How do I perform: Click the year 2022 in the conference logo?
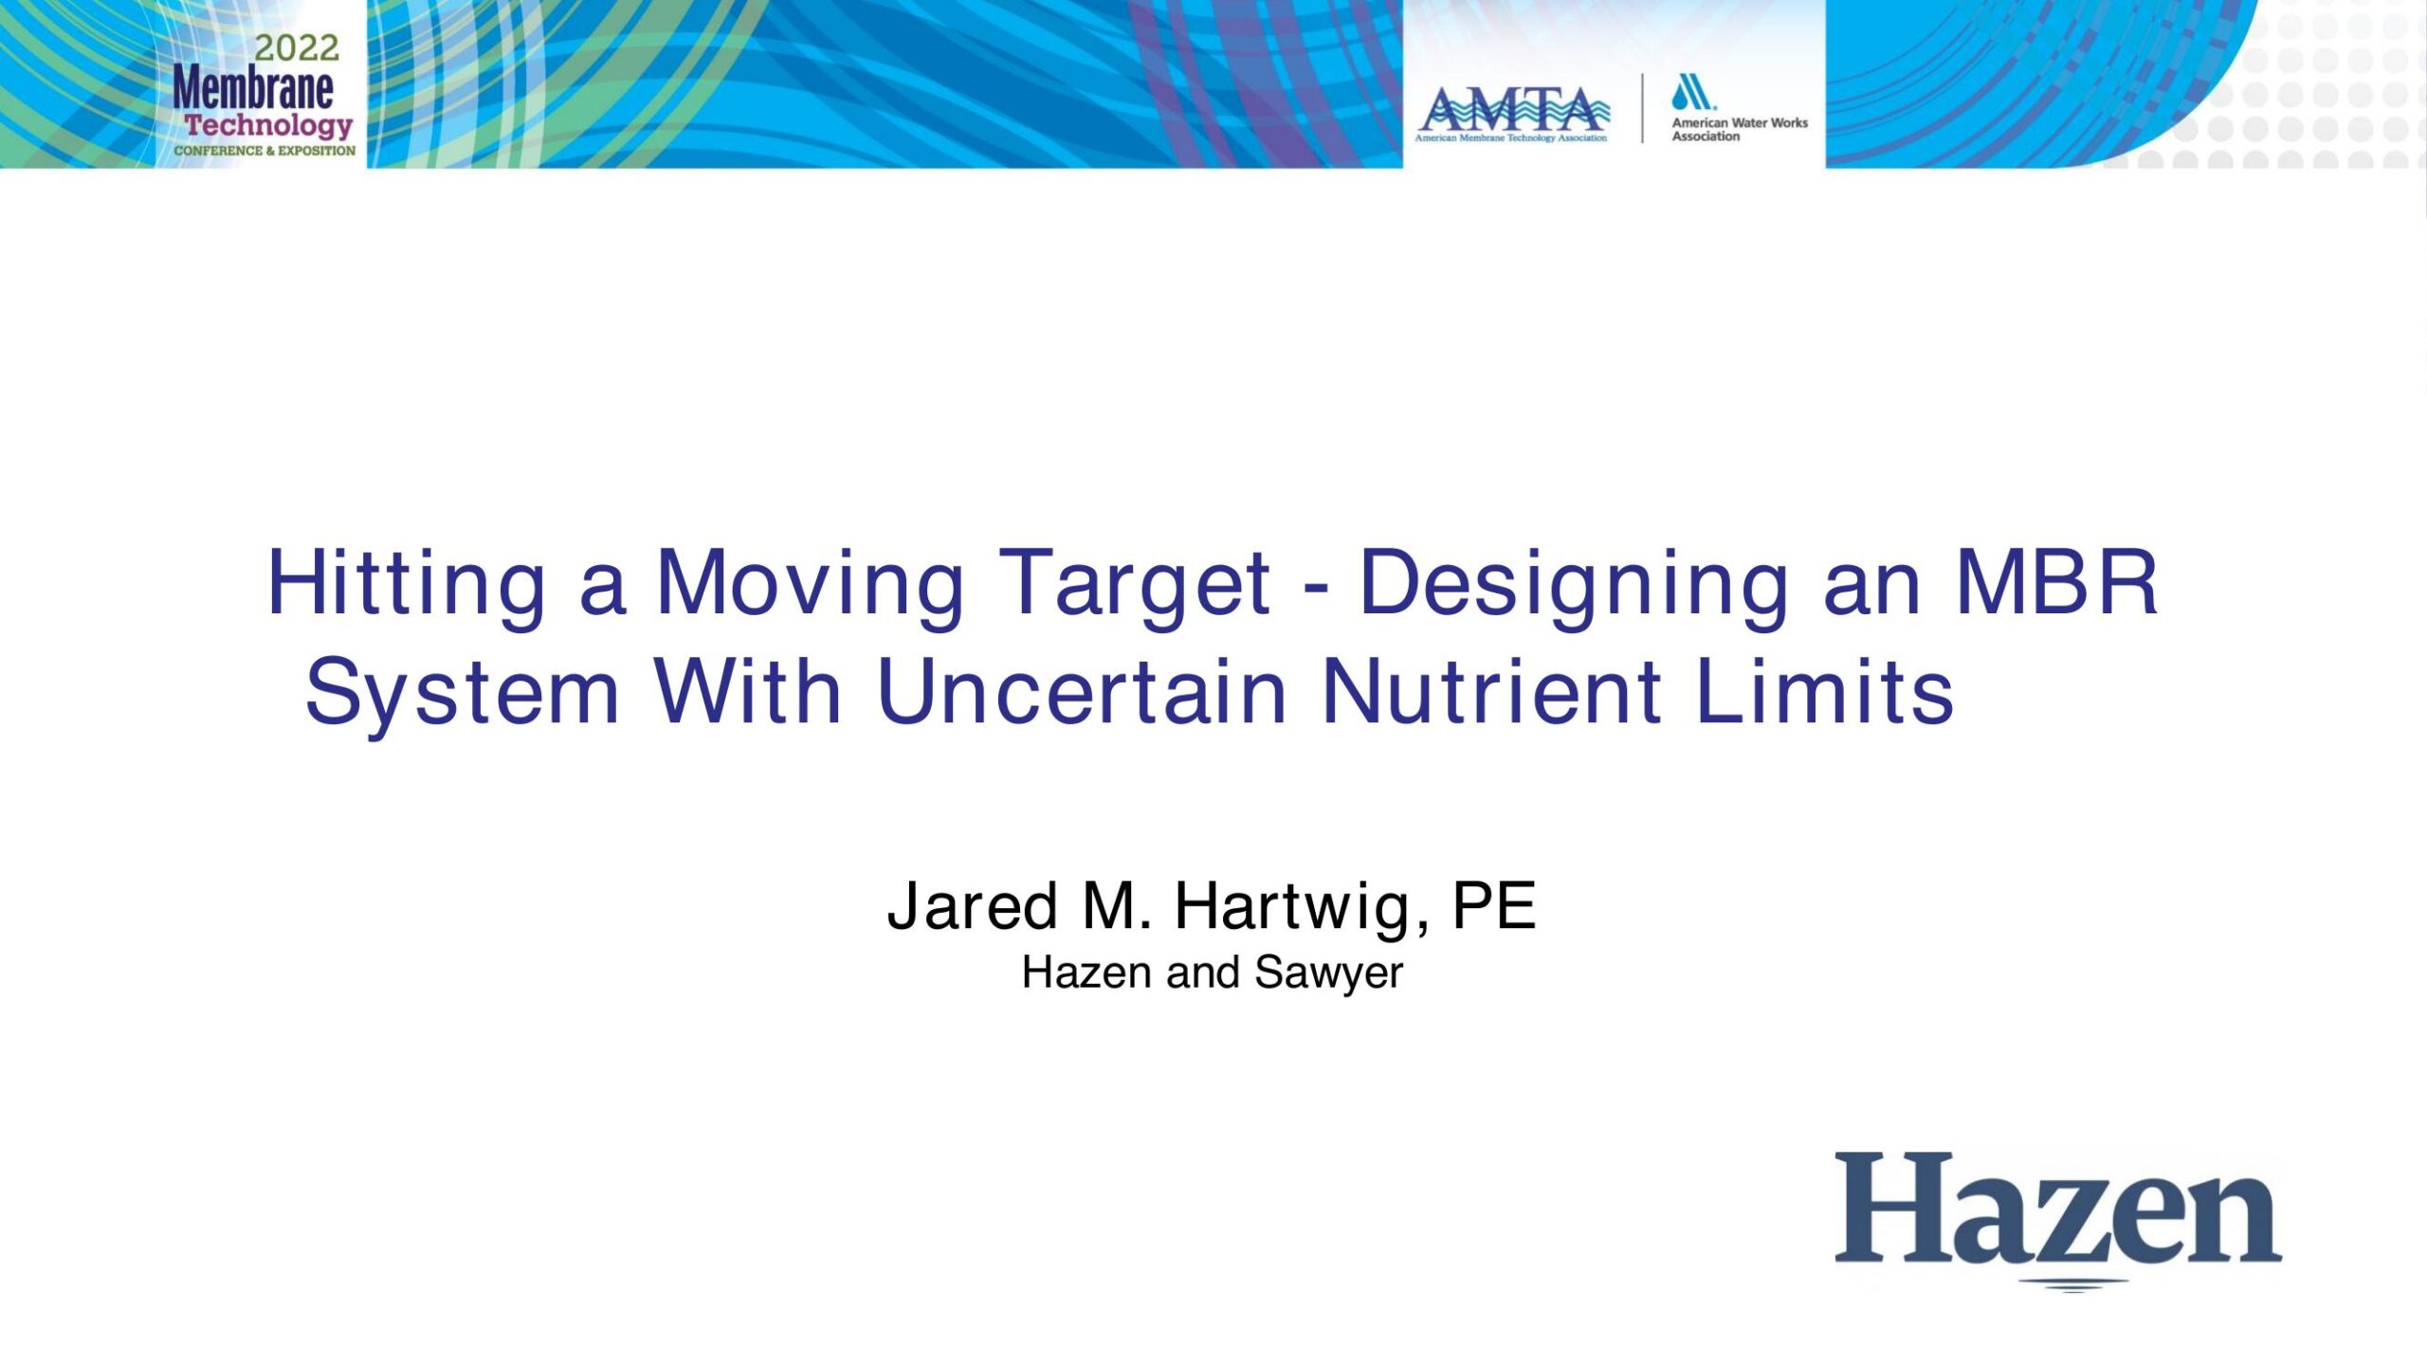(x=296, y=48)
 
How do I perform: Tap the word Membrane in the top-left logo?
(x=253, y=89)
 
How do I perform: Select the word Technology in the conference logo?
(x=268, y=126)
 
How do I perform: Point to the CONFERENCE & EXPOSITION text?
(x=265, y=151)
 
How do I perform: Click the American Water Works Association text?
(x=1740, y=129)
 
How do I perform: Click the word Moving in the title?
(x=811, y=582)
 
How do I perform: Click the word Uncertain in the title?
(x=1082, y=691)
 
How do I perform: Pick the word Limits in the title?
(x=1825, y=691)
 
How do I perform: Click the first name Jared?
(x=973, y=906)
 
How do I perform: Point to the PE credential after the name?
(x=1494, y=905)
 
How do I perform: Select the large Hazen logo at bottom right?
(x=2058, y=1219)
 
